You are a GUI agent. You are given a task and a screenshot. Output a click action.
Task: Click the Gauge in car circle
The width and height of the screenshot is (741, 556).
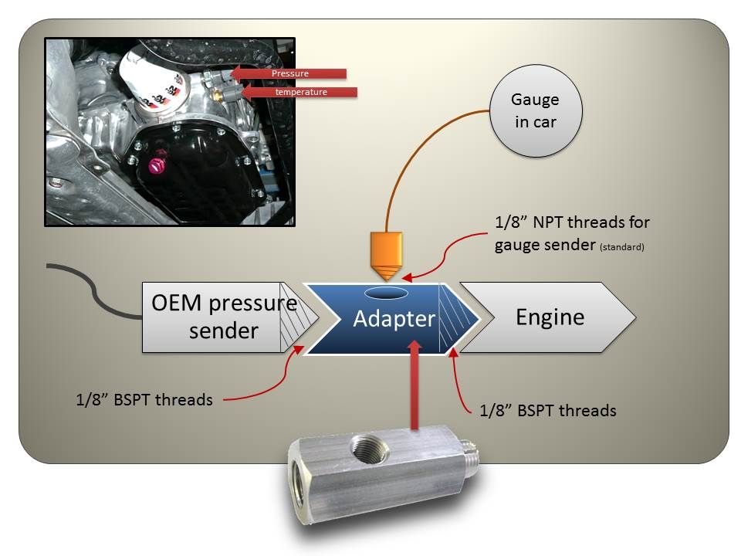(536, 110)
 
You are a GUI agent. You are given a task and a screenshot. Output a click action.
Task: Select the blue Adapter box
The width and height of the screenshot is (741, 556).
(392, 318)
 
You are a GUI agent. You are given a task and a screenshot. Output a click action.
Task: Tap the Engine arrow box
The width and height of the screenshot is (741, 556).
(548, 317)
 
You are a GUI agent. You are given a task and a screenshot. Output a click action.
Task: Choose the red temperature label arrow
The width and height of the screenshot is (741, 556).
(299, 92)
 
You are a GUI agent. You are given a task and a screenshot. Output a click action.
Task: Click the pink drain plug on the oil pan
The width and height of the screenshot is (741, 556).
(155, 165)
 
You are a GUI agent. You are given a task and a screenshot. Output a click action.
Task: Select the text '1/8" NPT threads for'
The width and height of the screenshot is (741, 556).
(572, 222)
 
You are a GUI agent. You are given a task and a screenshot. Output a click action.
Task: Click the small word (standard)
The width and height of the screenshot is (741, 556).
(622, 247)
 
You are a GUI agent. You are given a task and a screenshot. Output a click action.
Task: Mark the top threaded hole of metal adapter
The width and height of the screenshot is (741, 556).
(369, 448)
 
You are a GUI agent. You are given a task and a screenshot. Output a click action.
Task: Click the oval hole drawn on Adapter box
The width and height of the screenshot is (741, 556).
(387, 293)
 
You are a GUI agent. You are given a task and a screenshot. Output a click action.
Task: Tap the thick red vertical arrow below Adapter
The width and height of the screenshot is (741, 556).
(414, 385)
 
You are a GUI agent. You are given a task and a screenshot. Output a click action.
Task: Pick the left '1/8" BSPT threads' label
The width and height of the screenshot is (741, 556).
(144, 400)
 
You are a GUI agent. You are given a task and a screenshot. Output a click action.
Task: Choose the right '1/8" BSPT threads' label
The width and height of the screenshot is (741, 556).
(548, 410)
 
